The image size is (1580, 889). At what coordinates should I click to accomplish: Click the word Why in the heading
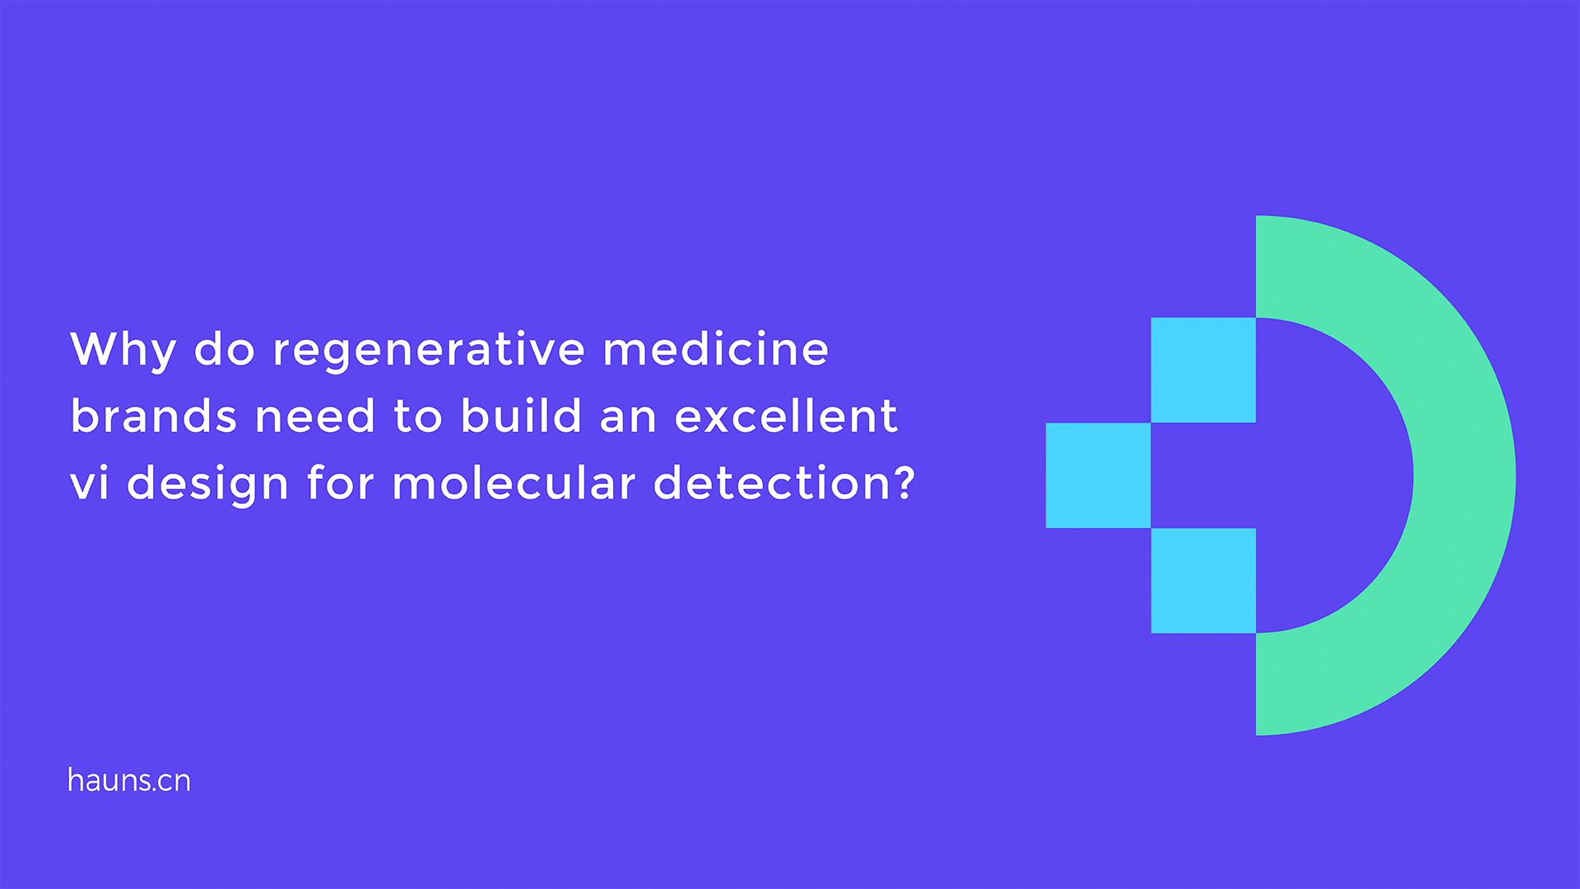[123, 351]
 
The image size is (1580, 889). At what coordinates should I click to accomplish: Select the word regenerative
[429, 351]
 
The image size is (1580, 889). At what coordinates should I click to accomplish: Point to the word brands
[154, 415]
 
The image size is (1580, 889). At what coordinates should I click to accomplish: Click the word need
[315, 415]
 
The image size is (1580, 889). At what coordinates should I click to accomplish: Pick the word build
[521, 415]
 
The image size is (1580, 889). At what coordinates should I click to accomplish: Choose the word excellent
[786, 415]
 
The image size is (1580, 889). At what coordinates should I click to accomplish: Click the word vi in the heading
[90, 482]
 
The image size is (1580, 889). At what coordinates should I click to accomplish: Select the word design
[208, 484]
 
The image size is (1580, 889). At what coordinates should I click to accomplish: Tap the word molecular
[514, 482]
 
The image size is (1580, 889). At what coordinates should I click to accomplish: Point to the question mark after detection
[904, 482]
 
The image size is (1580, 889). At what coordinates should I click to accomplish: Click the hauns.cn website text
[129, 780]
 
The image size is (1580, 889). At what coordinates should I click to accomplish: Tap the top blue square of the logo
[1203, 370]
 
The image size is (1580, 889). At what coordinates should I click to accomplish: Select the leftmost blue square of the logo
[1098, 476]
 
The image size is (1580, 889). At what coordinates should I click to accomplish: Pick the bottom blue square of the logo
[1203, 581]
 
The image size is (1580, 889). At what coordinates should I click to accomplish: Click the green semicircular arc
[1465, 476]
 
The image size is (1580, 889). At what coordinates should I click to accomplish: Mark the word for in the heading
[341, 482]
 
